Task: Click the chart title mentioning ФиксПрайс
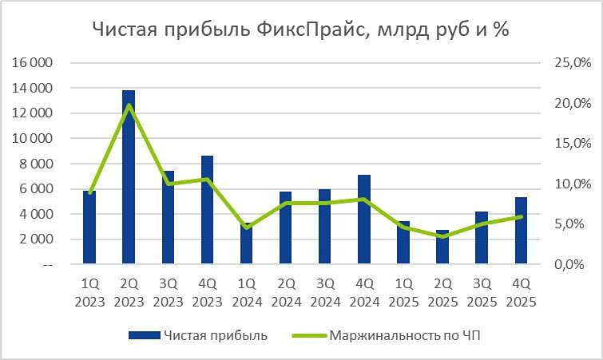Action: point(300,30)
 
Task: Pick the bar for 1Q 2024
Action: point(246,243)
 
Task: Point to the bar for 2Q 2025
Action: point(442,247)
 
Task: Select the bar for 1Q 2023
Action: point(89,227)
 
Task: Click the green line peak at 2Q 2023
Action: point(129,105)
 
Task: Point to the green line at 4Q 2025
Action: point(521,216)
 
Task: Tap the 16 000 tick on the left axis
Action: point(31,63)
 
